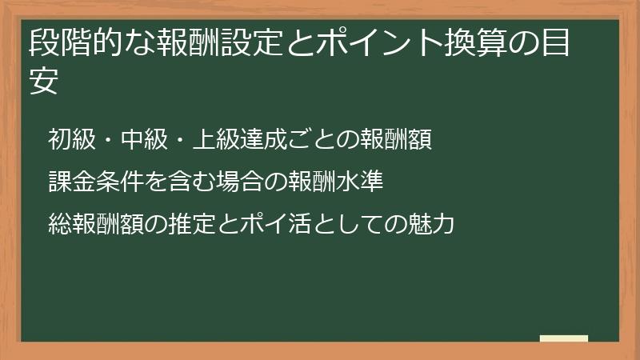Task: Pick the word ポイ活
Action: [250, 224]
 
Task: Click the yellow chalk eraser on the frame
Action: [564, 338]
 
